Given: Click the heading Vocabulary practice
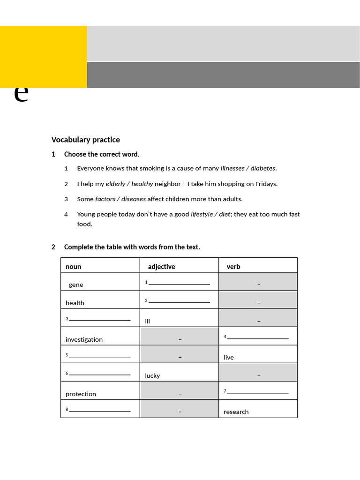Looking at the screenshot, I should [x=85, y=140].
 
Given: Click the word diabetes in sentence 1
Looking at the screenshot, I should [x=263, y=168].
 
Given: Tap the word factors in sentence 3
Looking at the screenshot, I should [x=106, y=199].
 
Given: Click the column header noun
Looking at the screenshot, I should [x=73, y=267].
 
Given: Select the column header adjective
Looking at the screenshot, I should [x=161, y=267].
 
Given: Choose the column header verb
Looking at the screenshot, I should [x=233, y=267].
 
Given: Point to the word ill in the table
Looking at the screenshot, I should [x=148, y=321].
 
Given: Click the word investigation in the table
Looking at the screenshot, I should [x=84, y=339].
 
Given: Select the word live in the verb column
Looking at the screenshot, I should [x=229, y=357].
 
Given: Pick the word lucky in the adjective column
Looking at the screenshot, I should [x=152, y=375].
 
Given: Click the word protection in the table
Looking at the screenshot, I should [x=81, y=394].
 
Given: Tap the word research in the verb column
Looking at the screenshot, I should [x=236, y=412].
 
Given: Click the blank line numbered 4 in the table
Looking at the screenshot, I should [x=257, y=337].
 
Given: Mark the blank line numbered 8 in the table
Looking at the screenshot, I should [x=99, y=411].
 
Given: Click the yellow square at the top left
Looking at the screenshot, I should [x=43, y=57].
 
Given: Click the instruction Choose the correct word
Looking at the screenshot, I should [x=102, y=154].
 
